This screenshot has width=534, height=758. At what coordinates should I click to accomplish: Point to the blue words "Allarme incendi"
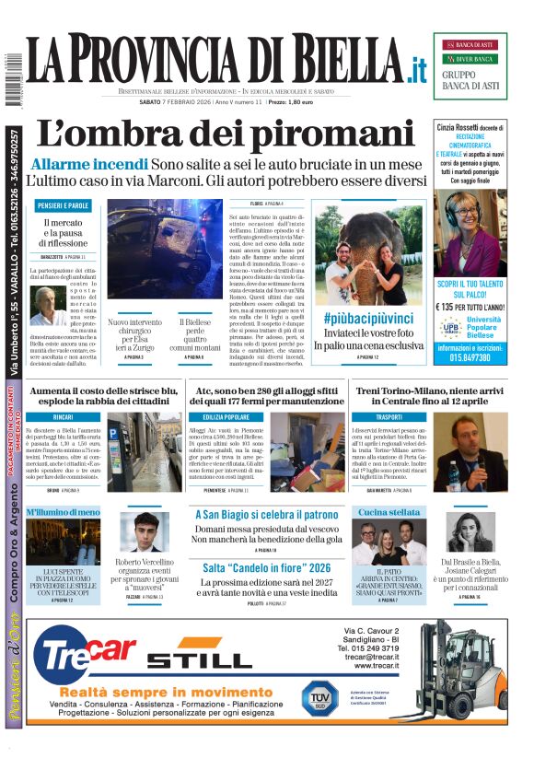tap(88, 164)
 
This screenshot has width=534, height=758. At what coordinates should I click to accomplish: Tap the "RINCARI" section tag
tap(63, 417)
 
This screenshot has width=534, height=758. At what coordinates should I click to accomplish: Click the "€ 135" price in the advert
tap(448, 307)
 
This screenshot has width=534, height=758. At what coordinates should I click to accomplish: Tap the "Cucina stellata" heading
tap(389, 511)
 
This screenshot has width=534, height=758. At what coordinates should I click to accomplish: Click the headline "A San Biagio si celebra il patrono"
tap(267, 515)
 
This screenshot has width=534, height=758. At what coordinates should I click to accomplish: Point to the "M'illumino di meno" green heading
tap(62, 511)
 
